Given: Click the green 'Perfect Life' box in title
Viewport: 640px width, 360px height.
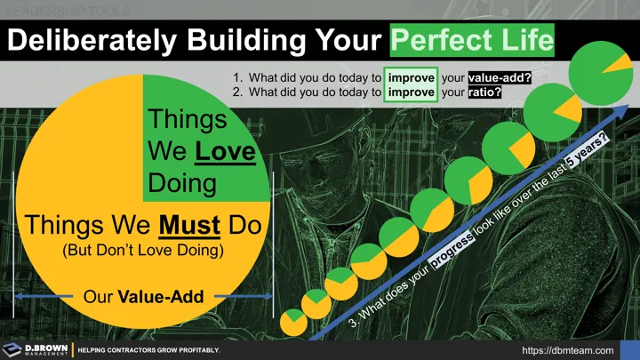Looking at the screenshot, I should tap(472, 40).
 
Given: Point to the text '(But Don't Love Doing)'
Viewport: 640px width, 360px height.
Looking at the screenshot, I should tap(141, 251).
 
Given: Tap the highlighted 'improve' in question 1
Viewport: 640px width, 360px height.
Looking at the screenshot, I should tap(412, 76).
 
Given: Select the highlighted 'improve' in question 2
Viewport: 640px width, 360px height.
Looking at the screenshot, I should tap(412, 92).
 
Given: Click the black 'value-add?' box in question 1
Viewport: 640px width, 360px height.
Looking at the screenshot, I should tap(500, 76).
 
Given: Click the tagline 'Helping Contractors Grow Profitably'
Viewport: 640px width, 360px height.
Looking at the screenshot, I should tap(149, 350).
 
